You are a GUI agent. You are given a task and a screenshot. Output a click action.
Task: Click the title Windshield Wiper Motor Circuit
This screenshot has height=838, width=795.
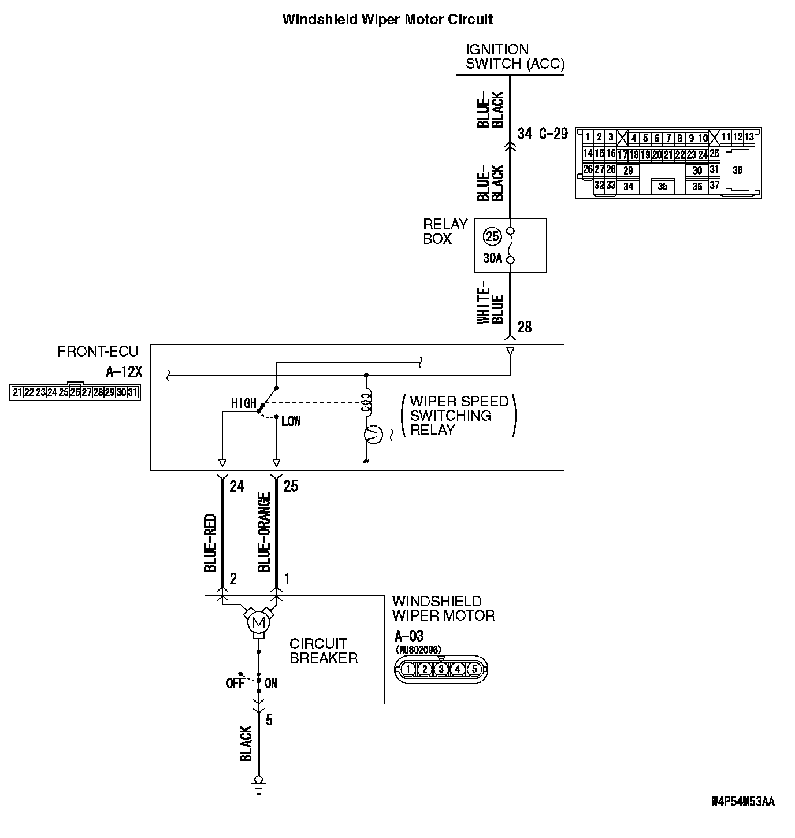pyautogui.click(x=387, y=19)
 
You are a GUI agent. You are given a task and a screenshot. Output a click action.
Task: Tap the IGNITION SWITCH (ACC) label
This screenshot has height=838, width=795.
pyautogui.click(x=514, y=57)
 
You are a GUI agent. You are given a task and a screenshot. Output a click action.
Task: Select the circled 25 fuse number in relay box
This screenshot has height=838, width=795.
pyautogui.click(x=492, y=236)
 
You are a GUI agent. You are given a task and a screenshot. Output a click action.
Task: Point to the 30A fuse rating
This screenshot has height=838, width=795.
pyautogui.click(x=492, y=258)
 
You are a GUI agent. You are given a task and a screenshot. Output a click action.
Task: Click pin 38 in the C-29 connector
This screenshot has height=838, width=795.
pyautogui.click(x=737, y=170)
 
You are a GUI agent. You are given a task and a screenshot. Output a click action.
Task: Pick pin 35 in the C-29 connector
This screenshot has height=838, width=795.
pyautogui.click(x=662, y=186)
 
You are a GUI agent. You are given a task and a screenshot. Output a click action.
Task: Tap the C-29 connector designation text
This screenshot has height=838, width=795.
pyautogui.click(x=553, y=134)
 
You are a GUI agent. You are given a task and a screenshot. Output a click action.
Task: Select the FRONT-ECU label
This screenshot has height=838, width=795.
pyautogui.click(x=98, y=351)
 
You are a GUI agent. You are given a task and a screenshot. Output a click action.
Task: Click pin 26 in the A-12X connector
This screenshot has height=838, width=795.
pyautogui.click(x=75, y=392)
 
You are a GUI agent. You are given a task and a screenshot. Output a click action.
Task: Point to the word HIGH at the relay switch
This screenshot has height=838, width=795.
pyautogui.click(x=243, y=403)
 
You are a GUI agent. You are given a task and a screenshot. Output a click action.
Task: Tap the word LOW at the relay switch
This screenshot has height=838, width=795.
pyautogui.click(x=291, y=421)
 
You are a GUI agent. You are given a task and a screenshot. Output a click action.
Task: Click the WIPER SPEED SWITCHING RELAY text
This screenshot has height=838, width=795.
pyautogui.click(x=459, y=416)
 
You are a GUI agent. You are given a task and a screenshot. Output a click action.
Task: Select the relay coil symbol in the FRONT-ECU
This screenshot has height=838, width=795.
pyautogui.click(x=366, y=403)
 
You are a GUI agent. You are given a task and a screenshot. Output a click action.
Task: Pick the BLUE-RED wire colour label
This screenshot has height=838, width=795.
pyautogui.click(x=210, y=543)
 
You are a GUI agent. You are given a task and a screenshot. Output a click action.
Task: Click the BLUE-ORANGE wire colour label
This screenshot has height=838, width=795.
pyautogui.click(x=264, y=532)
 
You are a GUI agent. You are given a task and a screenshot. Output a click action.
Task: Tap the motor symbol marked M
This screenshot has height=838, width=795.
pyautogui.click(x=258, y=623)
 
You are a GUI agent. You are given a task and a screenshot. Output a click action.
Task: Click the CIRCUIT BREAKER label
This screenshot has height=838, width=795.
pyautogui.click(x=323, y=651)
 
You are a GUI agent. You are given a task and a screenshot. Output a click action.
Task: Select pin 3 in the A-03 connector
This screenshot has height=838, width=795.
pyautogui.click(x=441, y=669)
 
